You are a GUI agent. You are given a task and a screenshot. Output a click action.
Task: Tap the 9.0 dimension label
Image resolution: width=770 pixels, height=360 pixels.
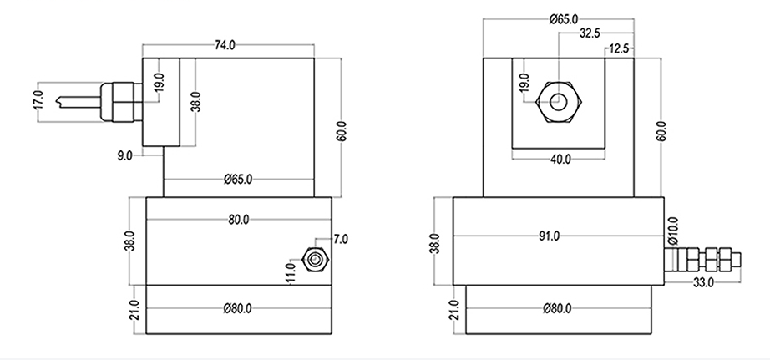[x=125, y=155]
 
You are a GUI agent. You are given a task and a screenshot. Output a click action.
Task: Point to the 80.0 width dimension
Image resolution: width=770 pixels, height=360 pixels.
[x=238, y=220]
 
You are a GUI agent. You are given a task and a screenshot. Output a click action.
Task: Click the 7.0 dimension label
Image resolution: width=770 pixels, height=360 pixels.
[x=340, y=239]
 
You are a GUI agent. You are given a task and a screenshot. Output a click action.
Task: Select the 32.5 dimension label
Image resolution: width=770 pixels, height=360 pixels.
[x=590, y=33]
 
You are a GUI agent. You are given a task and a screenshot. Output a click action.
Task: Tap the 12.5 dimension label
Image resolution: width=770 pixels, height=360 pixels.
[x=620, y=49]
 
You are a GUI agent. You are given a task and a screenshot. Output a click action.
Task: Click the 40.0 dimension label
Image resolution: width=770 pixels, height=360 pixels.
[x=559, y=159]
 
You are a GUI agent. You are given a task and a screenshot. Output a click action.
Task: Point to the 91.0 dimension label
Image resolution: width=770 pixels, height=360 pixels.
[x=549, y=236]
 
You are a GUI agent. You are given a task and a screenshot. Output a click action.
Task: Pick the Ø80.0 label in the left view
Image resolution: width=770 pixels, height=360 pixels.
[x=239, y=308]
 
